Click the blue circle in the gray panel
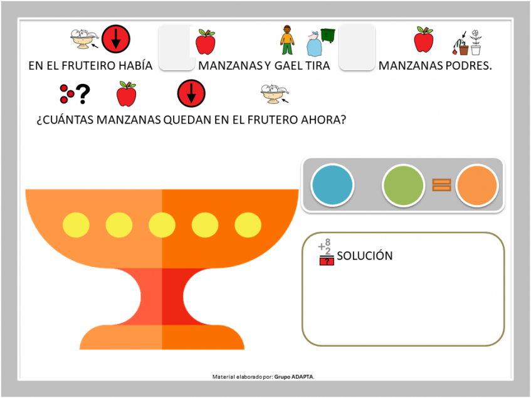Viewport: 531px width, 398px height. [x=332, y=185]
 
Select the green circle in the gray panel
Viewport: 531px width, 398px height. [x=403, y=185]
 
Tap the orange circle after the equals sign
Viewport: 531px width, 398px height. [x=477, y=185]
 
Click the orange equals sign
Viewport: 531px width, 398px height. [x=441, y=185]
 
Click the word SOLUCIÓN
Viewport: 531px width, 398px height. [x=365, y=256]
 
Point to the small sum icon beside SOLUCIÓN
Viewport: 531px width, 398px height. [x=327, y=252]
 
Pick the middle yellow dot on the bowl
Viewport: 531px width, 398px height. [x=162, y=225]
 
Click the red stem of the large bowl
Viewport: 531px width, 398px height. [x=162, y=296]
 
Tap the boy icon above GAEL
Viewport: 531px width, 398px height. [x=287, y=39]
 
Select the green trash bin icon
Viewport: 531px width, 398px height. [x=328, y=36]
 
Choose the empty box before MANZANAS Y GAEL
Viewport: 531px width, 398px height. [x=176, y=48]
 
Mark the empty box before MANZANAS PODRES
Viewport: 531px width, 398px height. [x=357, y=48]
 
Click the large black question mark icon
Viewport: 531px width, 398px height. [x=83, y=94]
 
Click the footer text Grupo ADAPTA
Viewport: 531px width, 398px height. [x=294, y=377]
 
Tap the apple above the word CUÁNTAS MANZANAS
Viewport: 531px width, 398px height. [x=126, y=94]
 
